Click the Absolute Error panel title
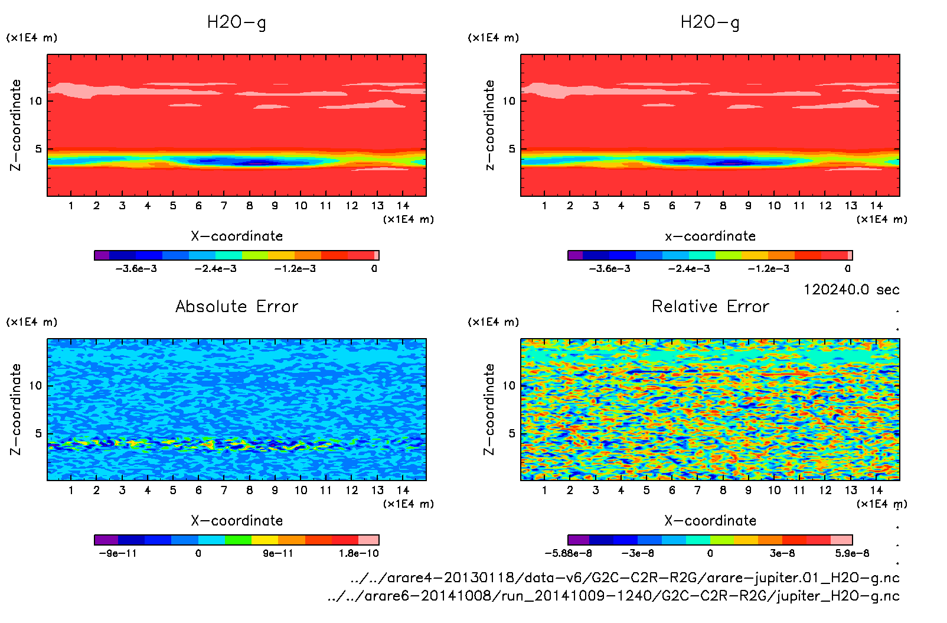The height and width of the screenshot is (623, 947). pos(237,306)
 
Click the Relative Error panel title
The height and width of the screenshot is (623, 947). pos(710,306)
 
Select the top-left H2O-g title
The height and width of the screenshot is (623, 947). pos(236,22)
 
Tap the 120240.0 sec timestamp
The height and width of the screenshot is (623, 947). pos(851,290)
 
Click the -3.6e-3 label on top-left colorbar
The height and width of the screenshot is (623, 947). pos(136,269)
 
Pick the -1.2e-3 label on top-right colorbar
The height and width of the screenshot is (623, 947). pos(768,269)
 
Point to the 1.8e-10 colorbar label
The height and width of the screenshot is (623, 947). pos(358,553)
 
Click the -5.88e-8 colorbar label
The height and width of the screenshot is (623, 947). pos(568,553)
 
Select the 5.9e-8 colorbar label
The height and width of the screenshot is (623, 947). pos(852,553)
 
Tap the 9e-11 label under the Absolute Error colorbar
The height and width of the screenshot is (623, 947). pos(277,553)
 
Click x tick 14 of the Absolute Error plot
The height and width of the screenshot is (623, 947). pos(403,490)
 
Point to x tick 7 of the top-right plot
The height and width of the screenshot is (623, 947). pos(697,206)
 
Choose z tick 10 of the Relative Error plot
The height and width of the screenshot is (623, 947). pos(508,385)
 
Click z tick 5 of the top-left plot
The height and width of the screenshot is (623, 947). pos(38,149)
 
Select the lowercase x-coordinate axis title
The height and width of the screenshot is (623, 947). pos(710,236)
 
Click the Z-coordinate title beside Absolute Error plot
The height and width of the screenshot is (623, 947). pos(16,409)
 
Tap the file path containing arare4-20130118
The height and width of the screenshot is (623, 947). pos(625,577)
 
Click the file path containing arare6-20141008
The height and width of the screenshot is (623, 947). pos(613,596)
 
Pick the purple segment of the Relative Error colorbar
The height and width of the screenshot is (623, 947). pos(579,540)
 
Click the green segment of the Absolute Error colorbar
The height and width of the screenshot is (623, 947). pos(238,540)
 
